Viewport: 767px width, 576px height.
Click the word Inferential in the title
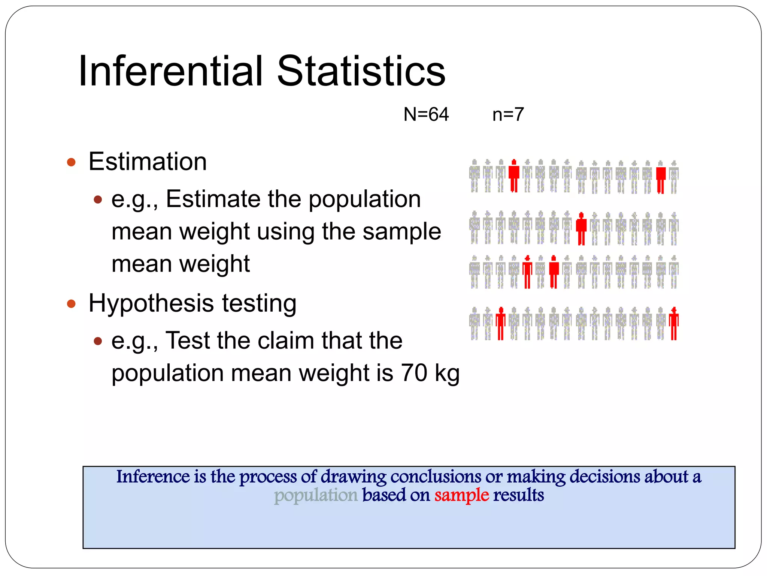click(x=171, y=71)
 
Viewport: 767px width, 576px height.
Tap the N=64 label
click(x=426, y=114)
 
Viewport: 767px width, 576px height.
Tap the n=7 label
click(x=508, y=114)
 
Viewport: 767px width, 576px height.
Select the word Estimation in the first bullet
click(x=148, y=162)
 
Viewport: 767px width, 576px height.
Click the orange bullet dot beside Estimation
click(x=71, y=162)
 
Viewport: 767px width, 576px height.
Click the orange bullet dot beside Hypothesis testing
click(x=71, y=303)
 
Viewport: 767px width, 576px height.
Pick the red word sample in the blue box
click(x=461, y=495)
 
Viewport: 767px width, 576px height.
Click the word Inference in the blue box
click(x=153, y=477)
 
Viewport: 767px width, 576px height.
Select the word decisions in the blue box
click(x=605, y=477)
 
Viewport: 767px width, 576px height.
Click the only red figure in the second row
click(x=581, y=229)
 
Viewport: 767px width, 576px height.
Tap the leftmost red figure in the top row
click(x=514, y=175)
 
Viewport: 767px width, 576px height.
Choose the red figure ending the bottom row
click(x=674, y=324)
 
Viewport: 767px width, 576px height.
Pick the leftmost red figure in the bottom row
click(x=501, y=324)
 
